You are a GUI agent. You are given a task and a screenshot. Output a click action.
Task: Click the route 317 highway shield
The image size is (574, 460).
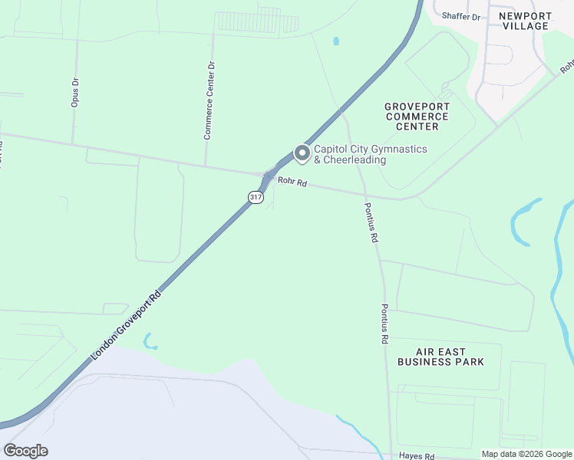[x=256, y=197]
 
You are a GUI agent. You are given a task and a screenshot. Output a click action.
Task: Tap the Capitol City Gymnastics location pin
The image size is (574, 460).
[x=302, y=154]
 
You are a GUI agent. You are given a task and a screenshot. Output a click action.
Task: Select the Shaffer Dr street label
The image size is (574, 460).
[x=460, y=16]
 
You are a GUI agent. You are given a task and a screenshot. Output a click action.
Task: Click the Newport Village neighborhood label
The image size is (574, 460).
[x=524, y=21]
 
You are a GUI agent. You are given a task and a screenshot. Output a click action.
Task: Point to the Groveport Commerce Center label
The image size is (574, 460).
[x=417, y=116]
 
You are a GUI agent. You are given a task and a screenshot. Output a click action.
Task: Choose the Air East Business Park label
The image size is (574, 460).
[x=440, y=356]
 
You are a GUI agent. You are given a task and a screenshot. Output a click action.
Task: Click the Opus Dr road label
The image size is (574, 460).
[x=75, y=91]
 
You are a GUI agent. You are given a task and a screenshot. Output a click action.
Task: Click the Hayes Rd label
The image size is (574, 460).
[x=417, y=455]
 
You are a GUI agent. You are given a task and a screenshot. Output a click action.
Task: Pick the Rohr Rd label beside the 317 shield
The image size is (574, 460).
[x=292, y=182]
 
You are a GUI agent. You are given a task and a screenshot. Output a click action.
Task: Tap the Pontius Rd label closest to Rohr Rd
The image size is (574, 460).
[x=371, y=222]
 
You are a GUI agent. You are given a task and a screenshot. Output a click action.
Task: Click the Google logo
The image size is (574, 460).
[x=25, y=451]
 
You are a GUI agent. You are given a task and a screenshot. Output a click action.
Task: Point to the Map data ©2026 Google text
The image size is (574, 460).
[x=526, y=454]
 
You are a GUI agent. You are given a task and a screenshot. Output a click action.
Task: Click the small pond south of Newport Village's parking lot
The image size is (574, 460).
[x=335, y=41]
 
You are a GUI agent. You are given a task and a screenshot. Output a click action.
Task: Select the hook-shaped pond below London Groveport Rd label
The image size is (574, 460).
[x=149, y=341]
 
